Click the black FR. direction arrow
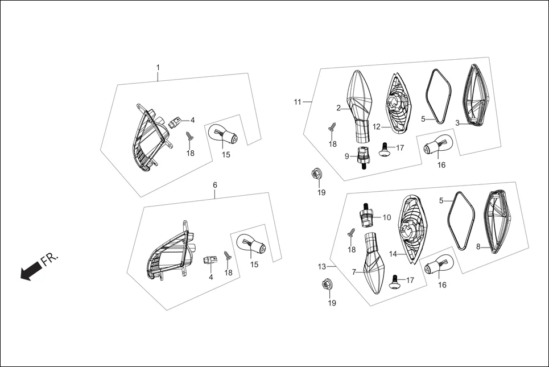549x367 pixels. (x=28, y=273)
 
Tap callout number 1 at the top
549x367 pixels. (x=158, y=67)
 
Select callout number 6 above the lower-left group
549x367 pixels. (x=214, y=185)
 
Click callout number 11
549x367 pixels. (x=298, y=102)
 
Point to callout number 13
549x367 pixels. (x=322, y=266)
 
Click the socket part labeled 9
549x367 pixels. (x=362, y=155)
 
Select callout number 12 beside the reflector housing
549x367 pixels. (x=377, y=126)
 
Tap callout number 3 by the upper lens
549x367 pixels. (x=457, y=123)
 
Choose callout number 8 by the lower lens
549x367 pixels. (x=478, y=246)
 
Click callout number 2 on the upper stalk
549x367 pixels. (x=339, y=108)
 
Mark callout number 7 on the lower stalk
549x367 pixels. (x=354, y=272)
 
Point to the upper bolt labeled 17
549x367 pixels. (x=385, y=148)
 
